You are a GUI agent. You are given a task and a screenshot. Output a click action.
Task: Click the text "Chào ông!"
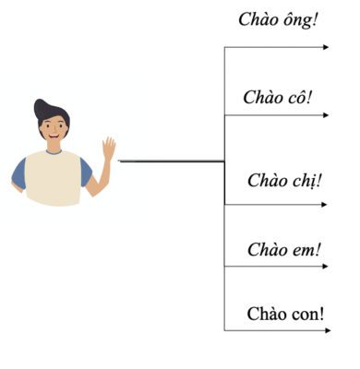click(278, 18)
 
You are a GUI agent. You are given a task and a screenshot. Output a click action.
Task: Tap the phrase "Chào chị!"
click(284, 179)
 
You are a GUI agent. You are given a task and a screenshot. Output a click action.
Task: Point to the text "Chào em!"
click(283, 249)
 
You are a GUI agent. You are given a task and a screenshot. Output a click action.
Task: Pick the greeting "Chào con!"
click(285, 313)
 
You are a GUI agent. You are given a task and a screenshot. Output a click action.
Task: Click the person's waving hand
click(108, 148)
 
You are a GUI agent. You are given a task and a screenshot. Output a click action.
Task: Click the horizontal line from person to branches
click(171, 161)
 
